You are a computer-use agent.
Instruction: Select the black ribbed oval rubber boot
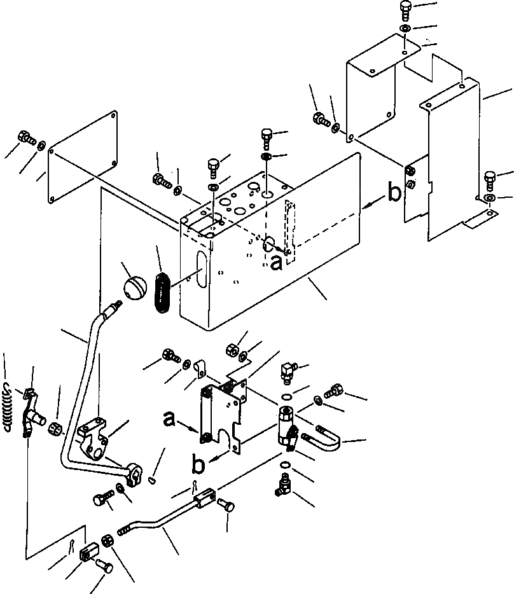162,291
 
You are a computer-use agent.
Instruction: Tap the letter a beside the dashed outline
275,261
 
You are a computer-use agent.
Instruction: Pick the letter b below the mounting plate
198,465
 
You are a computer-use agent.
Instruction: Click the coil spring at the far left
6,407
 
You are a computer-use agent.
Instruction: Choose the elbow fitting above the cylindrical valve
288,370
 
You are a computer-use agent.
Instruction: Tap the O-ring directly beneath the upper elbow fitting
287,397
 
